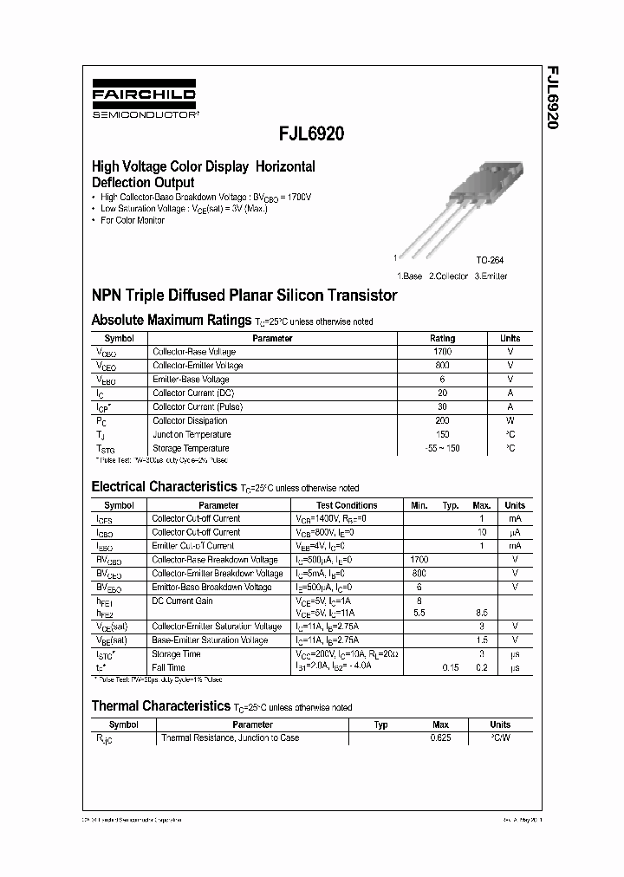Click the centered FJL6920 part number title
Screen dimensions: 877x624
pos(311,134)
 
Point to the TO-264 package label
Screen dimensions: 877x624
pos(489,260)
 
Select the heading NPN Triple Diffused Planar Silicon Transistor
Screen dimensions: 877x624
pos(244,296)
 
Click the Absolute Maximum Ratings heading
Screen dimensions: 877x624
pos(171,321)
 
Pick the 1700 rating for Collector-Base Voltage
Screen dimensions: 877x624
pos(442,352)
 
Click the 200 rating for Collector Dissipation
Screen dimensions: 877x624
pos(442,420)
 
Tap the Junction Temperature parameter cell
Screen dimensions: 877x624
pos(192,434)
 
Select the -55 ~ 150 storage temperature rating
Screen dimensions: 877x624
pos(442,448)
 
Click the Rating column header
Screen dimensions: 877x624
pos(442,338)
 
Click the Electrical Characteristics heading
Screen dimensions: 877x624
pos(164,487)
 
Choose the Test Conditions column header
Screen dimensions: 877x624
pos(347,504)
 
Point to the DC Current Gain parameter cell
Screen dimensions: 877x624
pos(182,601)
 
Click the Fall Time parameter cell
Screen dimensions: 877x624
pos(169,667)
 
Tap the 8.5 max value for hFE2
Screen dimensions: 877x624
pos(481,612)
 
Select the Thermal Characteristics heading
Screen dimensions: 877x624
pos(160,706)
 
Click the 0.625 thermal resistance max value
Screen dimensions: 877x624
pos(440,737)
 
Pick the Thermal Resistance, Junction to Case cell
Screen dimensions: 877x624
pos(230,737)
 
